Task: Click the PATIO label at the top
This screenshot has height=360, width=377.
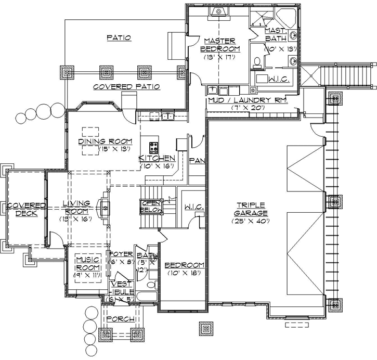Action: point(118,37)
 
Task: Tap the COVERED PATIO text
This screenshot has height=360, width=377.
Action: point(126,86)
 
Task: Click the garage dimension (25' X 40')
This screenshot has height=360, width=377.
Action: point(251,221)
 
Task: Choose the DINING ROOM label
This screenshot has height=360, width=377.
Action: point(105,142)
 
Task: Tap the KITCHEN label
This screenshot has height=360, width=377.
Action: point(156,158)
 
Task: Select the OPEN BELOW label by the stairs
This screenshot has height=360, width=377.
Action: point(150,207)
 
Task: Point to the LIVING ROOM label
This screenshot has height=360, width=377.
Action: point(76,207)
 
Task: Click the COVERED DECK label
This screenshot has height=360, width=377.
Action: point(23,209)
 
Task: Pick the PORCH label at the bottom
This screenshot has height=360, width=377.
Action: point(120,319)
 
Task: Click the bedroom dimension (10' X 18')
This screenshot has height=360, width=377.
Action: point(184,274)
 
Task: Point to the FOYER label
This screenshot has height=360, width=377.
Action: point(121,254)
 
